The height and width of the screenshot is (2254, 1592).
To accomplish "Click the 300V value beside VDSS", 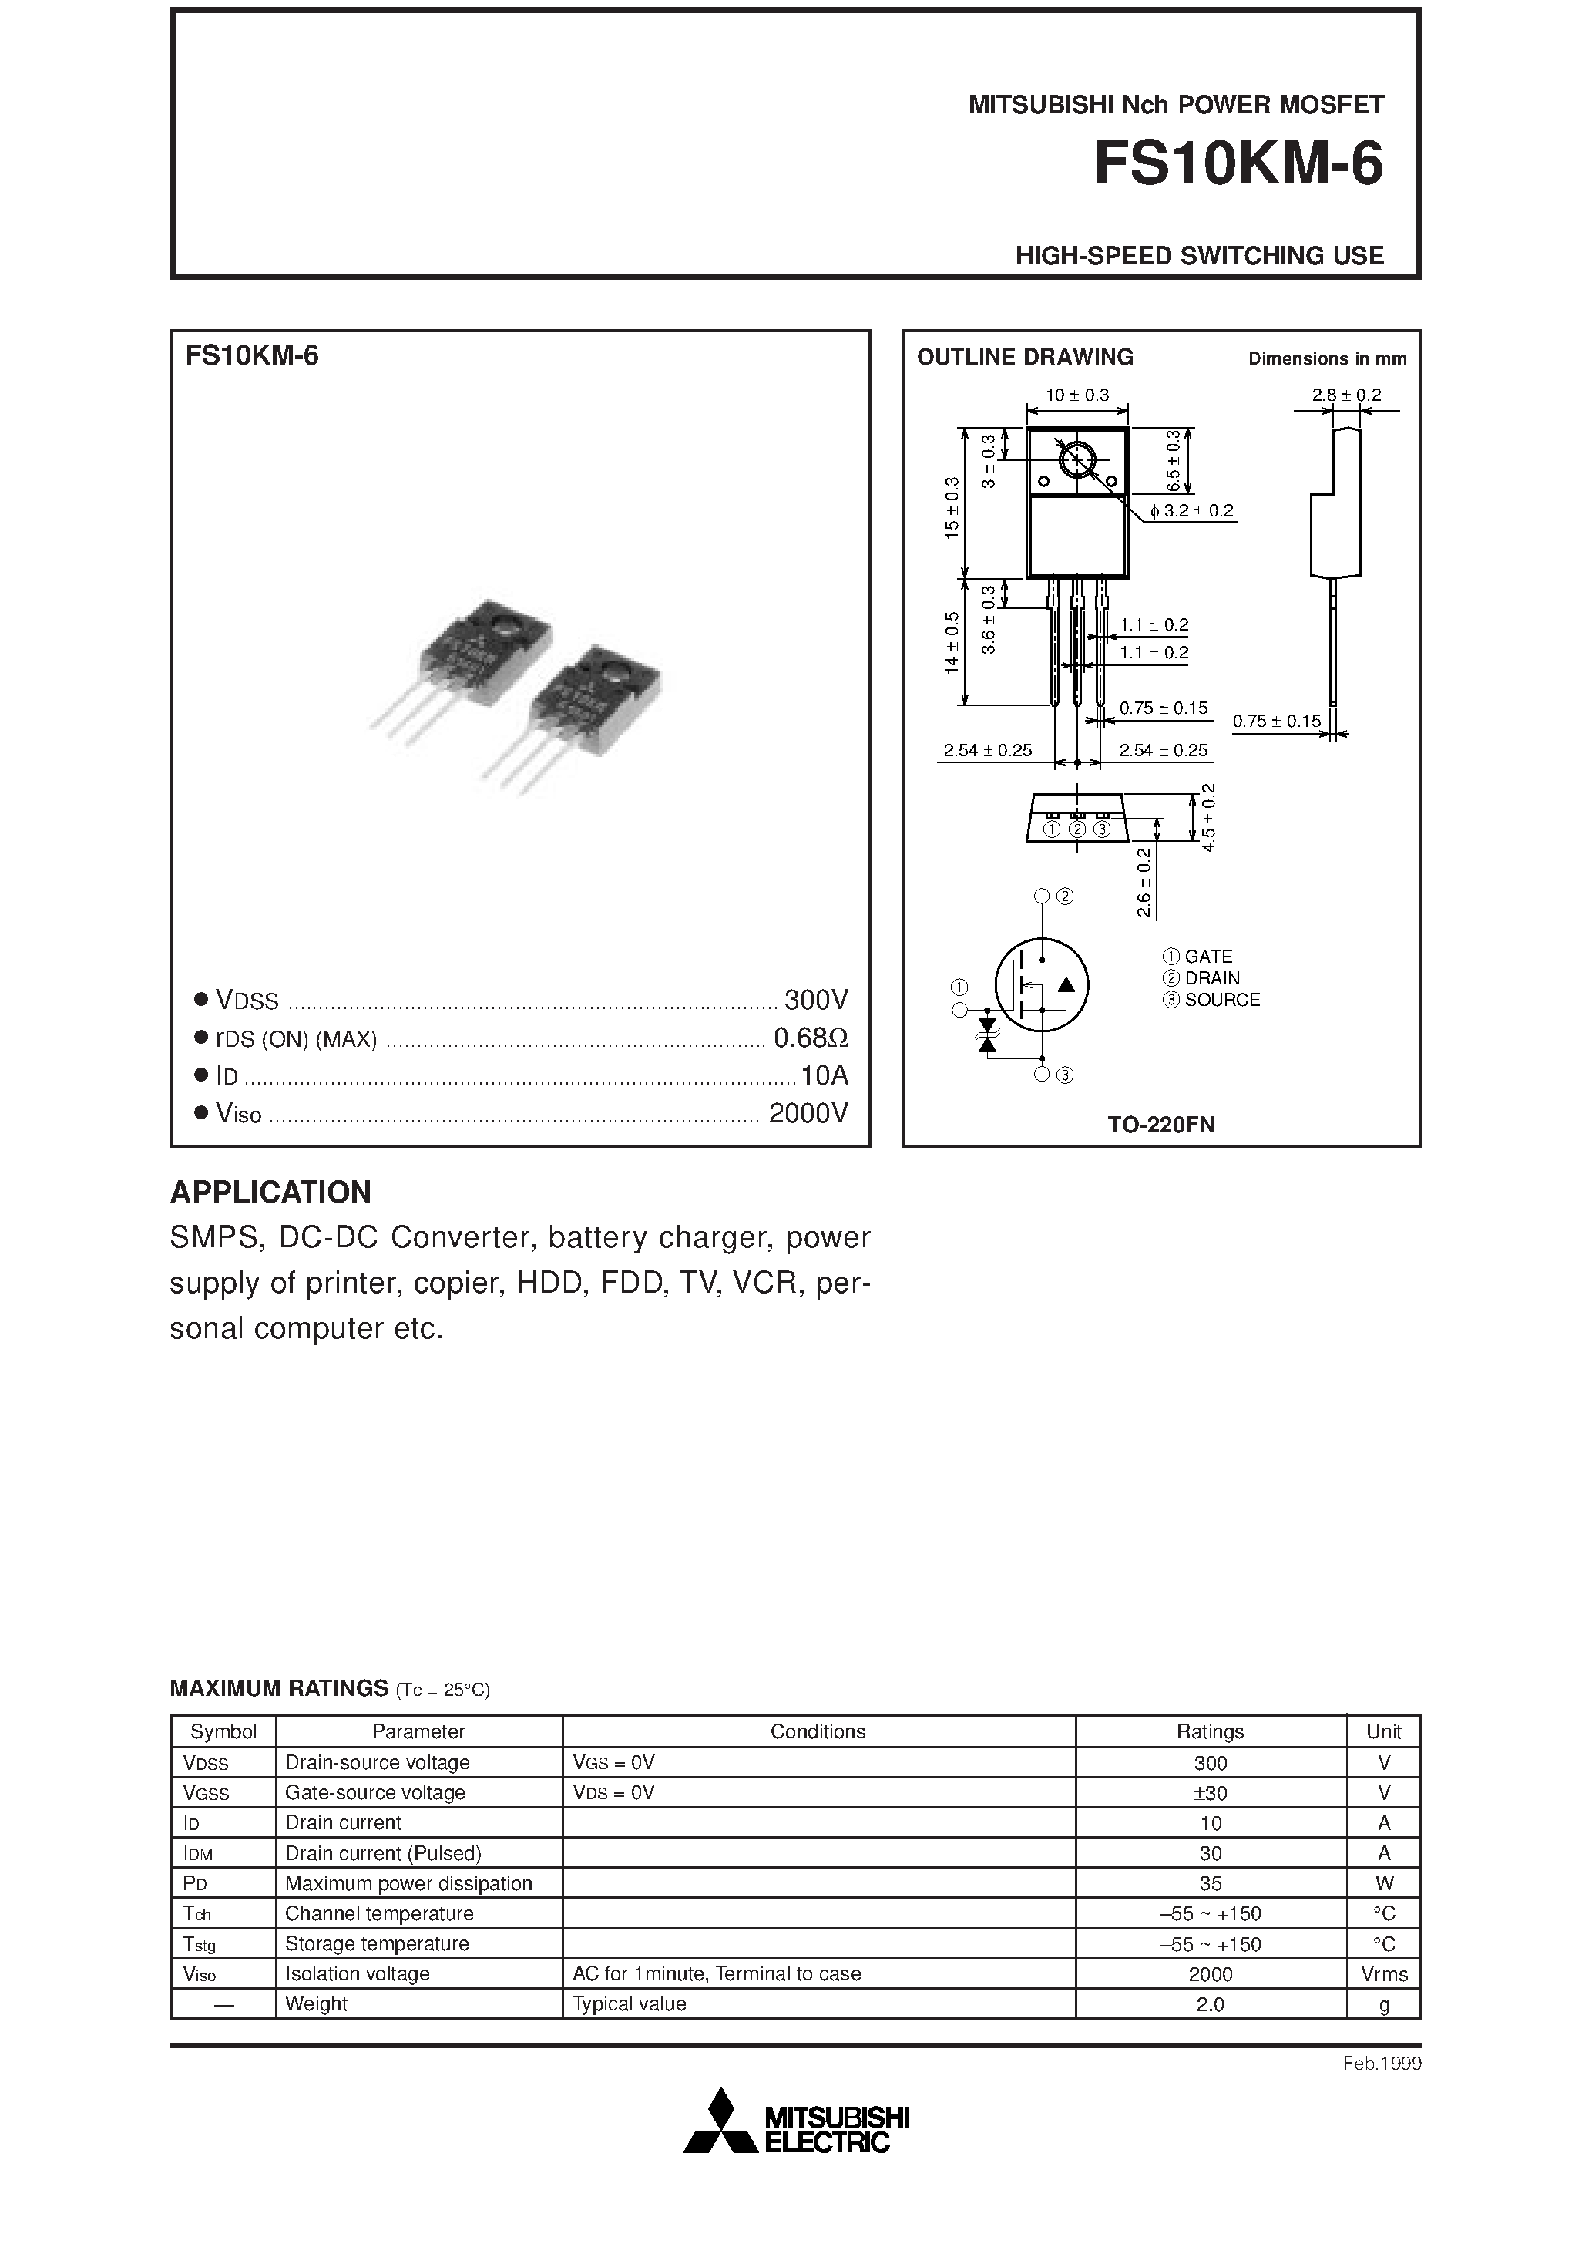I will [815, 999].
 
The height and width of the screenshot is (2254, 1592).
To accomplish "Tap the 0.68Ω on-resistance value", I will [811, 1038].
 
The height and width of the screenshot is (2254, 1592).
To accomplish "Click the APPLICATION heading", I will [271, 1192].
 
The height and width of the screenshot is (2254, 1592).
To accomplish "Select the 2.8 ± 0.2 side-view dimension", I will [1345, 395].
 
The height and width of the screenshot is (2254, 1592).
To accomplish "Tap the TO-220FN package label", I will [1161, 1125].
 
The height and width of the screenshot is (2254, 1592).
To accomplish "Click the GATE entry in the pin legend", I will [1207, 956].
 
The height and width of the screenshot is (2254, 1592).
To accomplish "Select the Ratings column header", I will [1211, 1731].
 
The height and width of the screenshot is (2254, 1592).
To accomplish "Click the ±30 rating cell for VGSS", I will [1211, 1792].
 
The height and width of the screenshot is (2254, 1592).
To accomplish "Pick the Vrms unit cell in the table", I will [1384, 1974].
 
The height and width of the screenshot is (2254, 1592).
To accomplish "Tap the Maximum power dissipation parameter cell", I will [408, 1883].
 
